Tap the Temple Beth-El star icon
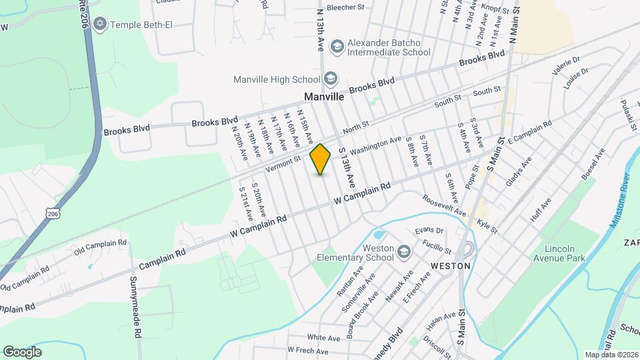tap(101, 25)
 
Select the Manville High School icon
tap(331, 79)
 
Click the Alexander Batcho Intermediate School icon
tap(337, 46)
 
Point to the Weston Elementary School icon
tap(403, 252)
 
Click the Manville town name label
tap(324, 97)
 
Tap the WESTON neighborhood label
tap(451, 265)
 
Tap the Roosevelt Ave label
tap(445, 204)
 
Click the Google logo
tap(22, 351)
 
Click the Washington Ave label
tap(375, 145)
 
